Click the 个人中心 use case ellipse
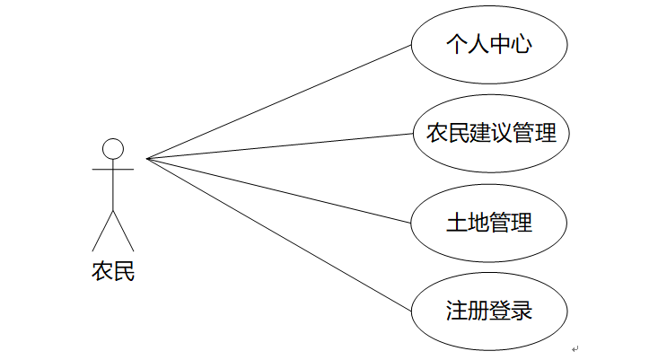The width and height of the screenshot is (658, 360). (x=489, y=45)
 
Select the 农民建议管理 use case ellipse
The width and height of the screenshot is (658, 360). (x=489, y=134)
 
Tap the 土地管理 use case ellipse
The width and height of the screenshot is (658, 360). (x=489, y=223)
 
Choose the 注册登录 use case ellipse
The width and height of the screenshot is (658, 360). (x=489, y=312)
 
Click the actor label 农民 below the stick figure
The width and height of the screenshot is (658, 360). (x=113, y=270)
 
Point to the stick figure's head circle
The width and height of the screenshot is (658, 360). (x=113, y=148)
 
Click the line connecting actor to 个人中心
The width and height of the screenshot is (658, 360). (x=278, y=102)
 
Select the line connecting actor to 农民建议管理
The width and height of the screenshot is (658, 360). (x=278, y=146)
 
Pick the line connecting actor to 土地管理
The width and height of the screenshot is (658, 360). (x=278, y=189)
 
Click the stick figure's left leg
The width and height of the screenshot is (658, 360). (x=102, y=232)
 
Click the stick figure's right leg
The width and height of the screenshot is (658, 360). (x=124, y=232)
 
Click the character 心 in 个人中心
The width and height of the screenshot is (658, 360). (x=522, y=45)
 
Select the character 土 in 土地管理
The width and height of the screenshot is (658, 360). (x=456, y=223)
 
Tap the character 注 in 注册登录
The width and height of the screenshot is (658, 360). (x=456, y=312)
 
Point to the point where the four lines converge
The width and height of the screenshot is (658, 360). (x=147, y=159)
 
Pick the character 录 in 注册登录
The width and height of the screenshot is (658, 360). (x=522, y=312)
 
